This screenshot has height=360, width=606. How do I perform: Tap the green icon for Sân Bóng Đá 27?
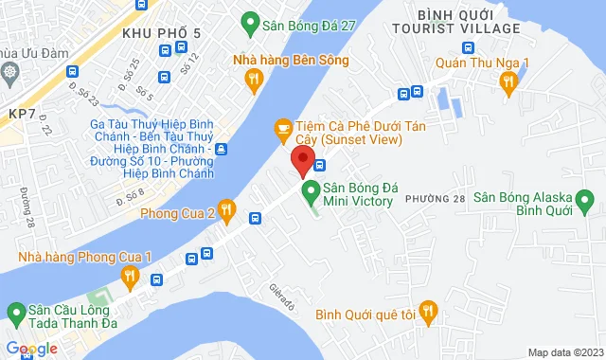pyautogui.click(x=250, y=20)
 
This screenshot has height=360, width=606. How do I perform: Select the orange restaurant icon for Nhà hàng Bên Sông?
pyautogui.click(x=252, y=82)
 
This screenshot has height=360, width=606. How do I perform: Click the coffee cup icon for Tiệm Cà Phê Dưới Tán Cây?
pyautogui.click(x=281, y=127)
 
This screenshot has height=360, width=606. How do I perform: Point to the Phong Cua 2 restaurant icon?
pyautogui.click(x=226, y=208)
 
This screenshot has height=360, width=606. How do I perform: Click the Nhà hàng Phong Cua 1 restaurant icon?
pyautogui.click(x=131, y=277)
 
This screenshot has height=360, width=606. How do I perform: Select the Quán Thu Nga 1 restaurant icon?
pyautogui.click(x=509, y=82)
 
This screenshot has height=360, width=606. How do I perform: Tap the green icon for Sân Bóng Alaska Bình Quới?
pyautogui.click(x=588, y=202)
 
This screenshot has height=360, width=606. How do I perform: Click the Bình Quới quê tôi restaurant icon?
pyautogui.click(x=428, y=310)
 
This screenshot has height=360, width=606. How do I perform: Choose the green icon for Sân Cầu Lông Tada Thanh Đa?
pyautogui.click(x=16, y=312)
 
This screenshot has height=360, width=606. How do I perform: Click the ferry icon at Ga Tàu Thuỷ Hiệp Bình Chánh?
pyautogui.click(x=221, y=149)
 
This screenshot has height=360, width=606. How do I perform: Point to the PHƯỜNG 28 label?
pyautogui.click(x=435, y=198)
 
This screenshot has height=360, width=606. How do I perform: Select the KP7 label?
pyautogui.click(x=21, y=113)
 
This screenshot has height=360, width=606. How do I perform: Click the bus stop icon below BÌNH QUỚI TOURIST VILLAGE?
pyautogui.click(x=468, y=47)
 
